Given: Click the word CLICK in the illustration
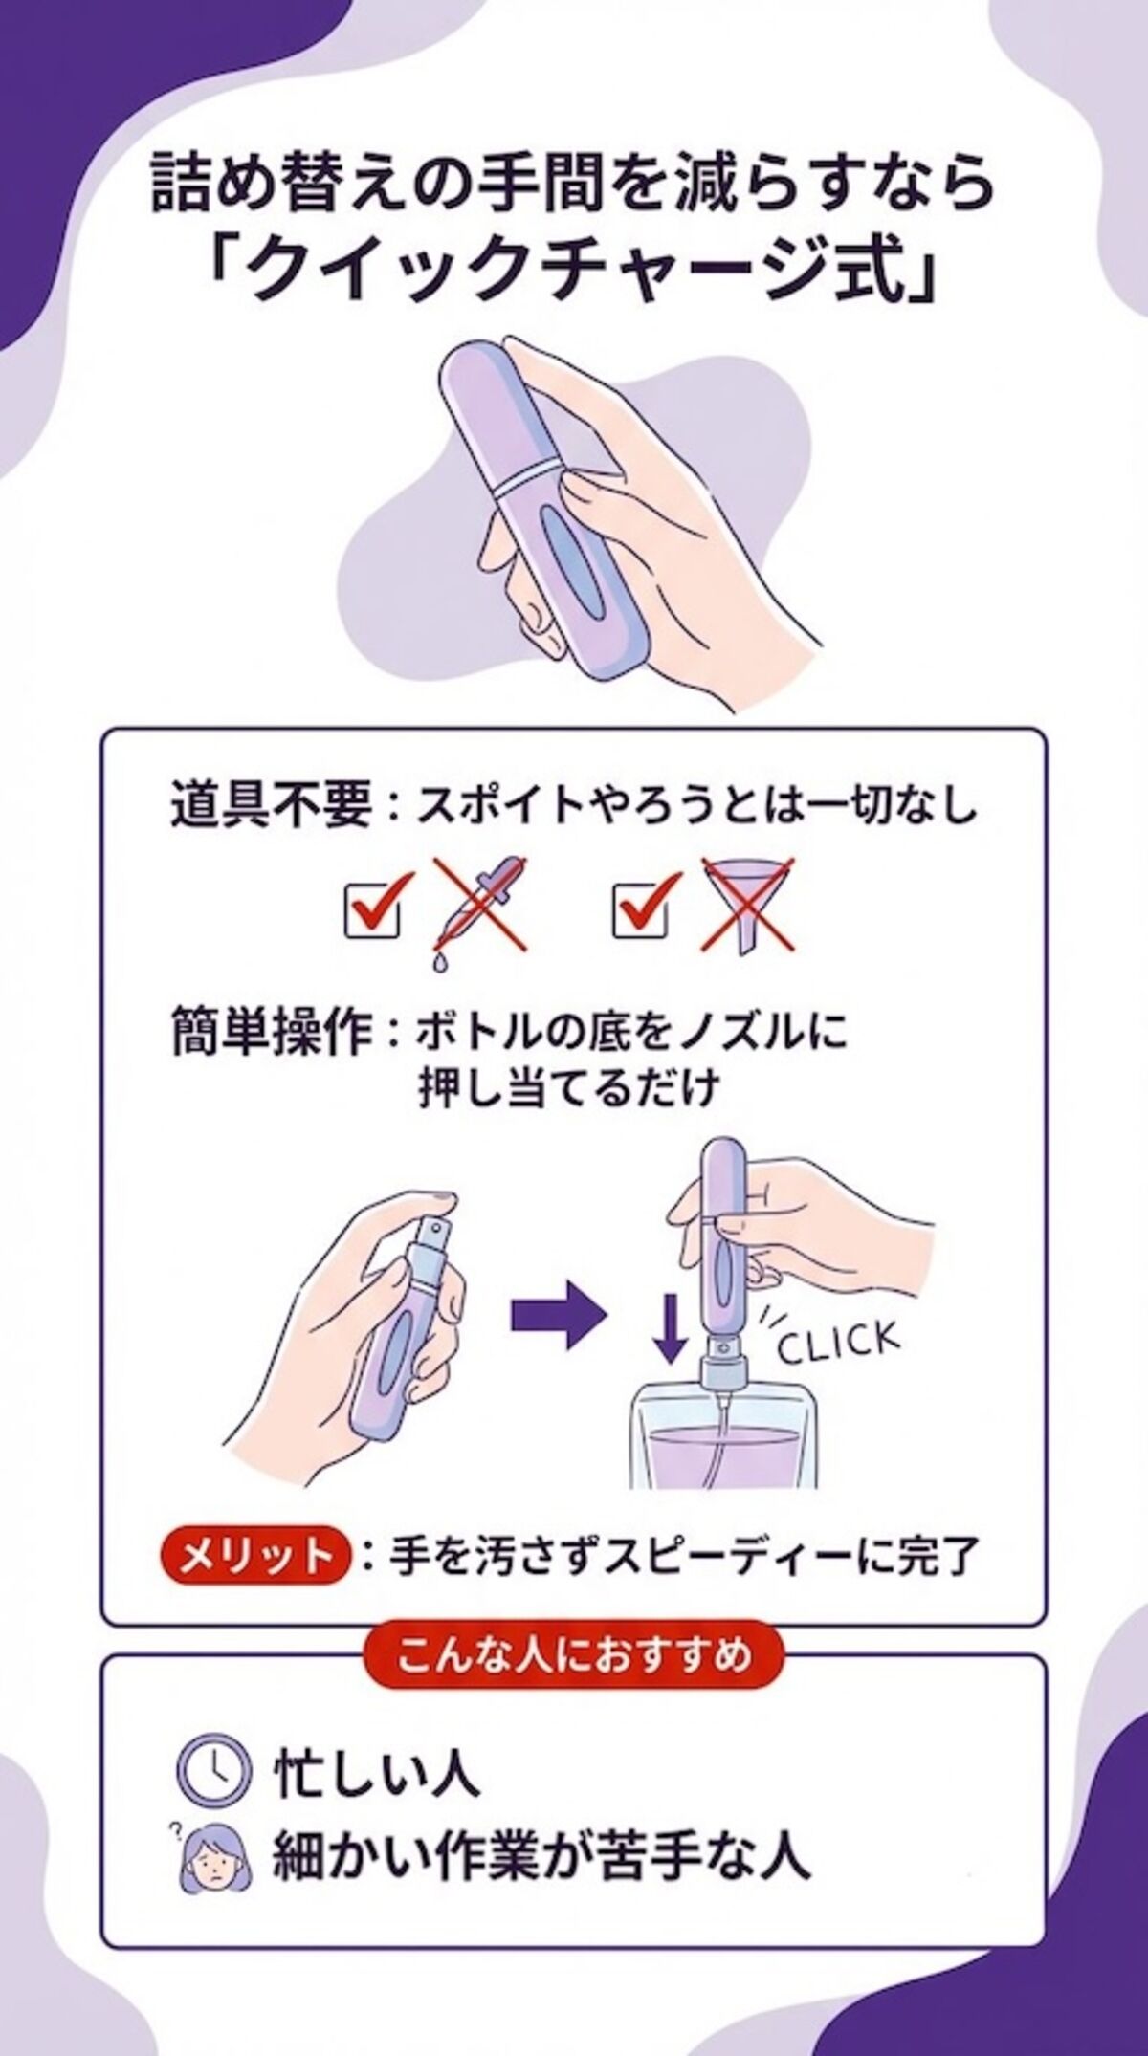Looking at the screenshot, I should coord(838,1342).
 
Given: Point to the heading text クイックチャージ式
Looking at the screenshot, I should coord(574,275).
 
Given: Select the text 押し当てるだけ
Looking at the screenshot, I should coord(567,1090).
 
